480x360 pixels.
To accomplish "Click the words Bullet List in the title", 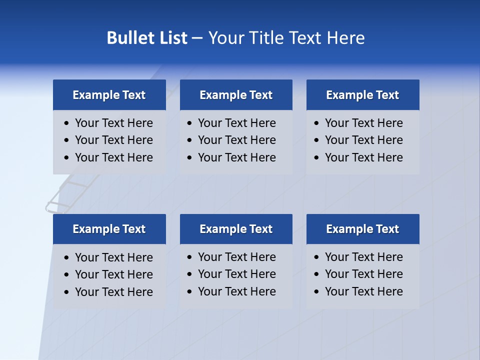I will click(x=147, y=38).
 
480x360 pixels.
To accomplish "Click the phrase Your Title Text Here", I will click(x=286, y=38).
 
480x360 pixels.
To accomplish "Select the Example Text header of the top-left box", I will click(x=109, y=95).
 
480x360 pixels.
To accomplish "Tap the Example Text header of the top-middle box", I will click(x=236, y=95).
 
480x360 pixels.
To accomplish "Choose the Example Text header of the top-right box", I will click(x=362, y=95).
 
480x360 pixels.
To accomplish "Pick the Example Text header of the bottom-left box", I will click(x=109, y=229).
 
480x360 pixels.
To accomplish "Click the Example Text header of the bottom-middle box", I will click(x=236, y=229).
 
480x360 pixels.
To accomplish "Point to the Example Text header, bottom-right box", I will click(x=362, y=229).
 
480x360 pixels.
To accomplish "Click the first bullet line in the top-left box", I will click(x=114, y=123).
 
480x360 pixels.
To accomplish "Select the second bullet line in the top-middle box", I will click(x=237, y=140).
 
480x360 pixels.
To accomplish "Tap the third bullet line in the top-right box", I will click(x=364, y=157).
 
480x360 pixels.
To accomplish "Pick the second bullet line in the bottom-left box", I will click(x=114, y=274).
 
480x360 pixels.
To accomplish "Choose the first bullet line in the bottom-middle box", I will click(x=237, y=257).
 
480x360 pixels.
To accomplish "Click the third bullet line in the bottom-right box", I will click(x=364, y=291).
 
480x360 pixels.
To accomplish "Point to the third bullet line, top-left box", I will click(x=114, y=157).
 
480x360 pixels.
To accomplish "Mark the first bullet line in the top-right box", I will click(x=364, y=123).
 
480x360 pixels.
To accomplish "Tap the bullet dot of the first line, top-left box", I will click(x=67, y=123).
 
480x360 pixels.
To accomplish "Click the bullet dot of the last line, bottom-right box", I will click(x=317, y=292).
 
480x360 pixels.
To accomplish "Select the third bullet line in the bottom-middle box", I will click(x=237, y=291).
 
